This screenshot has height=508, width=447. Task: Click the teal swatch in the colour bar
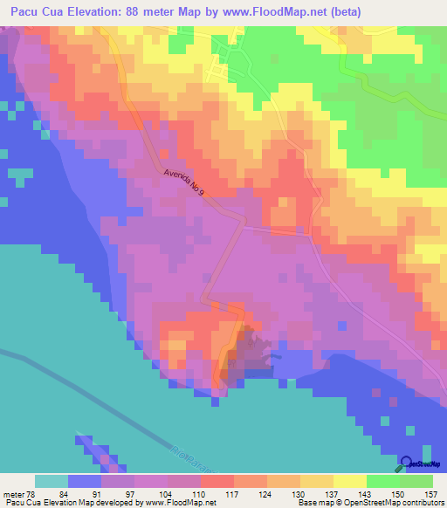coord(52,482)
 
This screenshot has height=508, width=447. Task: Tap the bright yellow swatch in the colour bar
coord(350,482)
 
